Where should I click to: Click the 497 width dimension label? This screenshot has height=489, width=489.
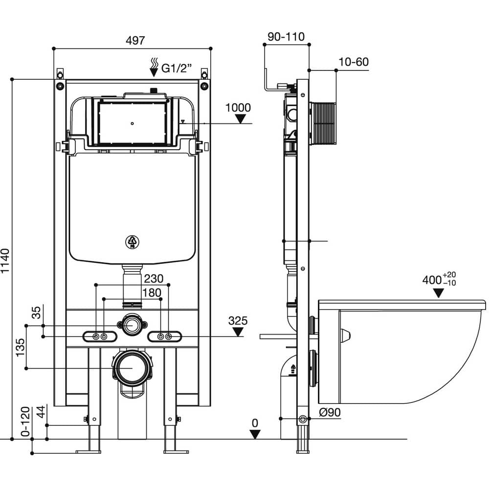coord(135,40)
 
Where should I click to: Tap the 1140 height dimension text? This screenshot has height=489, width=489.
coord(5,261)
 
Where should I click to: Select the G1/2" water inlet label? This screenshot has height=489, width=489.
coord(176,68)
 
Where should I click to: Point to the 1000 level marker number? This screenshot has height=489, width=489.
coord(238,108)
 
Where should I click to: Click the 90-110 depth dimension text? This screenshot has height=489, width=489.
coord(286,37)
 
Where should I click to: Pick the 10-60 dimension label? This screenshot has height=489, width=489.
coord(354,62)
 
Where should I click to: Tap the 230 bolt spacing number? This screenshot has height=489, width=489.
coord(154,279)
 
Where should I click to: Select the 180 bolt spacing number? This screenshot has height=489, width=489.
coord(152,292)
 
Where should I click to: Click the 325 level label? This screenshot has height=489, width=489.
coord(238,321)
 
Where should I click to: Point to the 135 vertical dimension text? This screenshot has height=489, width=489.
coord(20,347)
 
